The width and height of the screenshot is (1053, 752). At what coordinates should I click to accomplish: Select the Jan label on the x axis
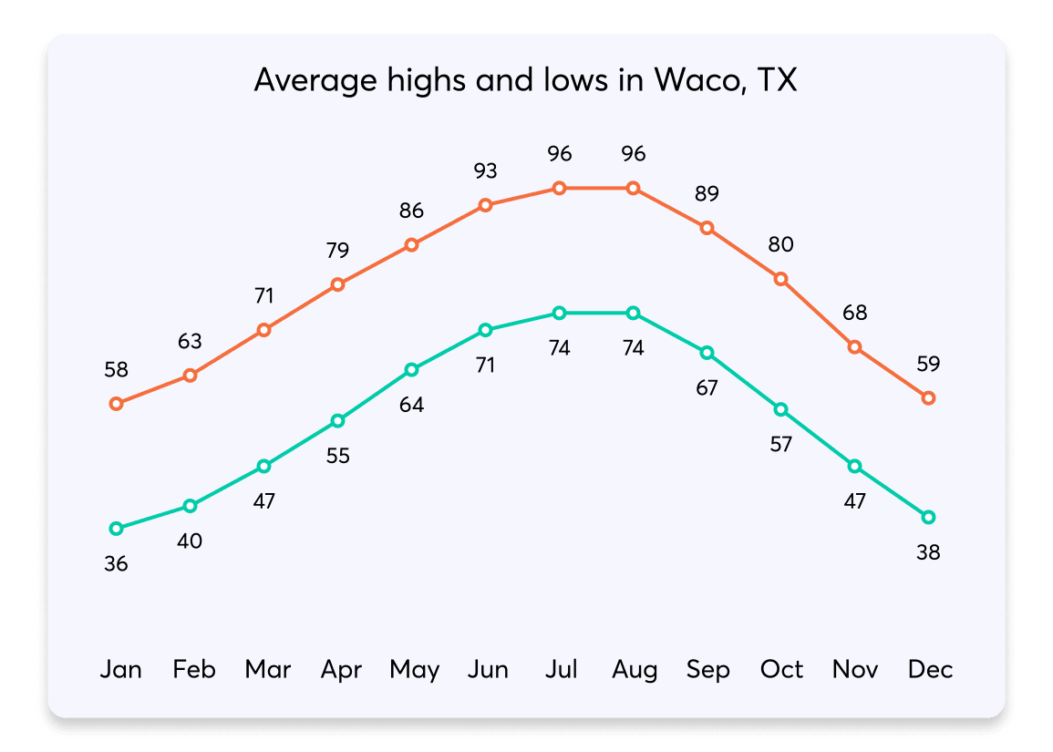click(x=120, y=670)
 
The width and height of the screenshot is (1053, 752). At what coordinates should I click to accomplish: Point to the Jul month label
click(x=561, y=670)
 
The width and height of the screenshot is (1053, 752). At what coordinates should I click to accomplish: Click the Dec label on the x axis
click(x=930, y=670)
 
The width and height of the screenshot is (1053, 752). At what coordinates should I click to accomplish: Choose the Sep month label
click(x=707, y=670)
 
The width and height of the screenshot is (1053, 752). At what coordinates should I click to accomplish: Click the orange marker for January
click(x=116, y=404)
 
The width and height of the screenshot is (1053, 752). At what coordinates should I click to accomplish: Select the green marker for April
click(x=338, y=420)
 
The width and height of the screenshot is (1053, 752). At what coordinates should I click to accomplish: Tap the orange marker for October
click(x=780, y=279)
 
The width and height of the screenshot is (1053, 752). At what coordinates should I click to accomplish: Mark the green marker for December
click(x=928, y=517)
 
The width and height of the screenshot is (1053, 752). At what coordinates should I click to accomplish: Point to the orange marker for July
click(x=560, y=188)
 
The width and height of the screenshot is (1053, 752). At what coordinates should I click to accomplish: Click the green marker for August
click(x=634, y=313)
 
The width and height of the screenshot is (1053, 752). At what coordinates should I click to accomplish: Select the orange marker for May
click(x=412, y=244)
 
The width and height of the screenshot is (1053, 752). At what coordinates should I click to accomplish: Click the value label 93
click(x=486, y=170)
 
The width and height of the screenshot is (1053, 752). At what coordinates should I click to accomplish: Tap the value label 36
click(x=116, y=564)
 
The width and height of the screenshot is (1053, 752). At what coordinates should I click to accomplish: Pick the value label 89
click(x=707, y=193)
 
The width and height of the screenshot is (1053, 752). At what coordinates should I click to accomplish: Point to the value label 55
click(x=338, y=456)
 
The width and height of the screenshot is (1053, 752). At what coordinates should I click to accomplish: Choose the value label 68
click(x=854, y=313)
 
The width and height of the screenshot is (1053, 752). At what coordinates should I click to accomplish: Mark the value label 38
click(x=928, y=552)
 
